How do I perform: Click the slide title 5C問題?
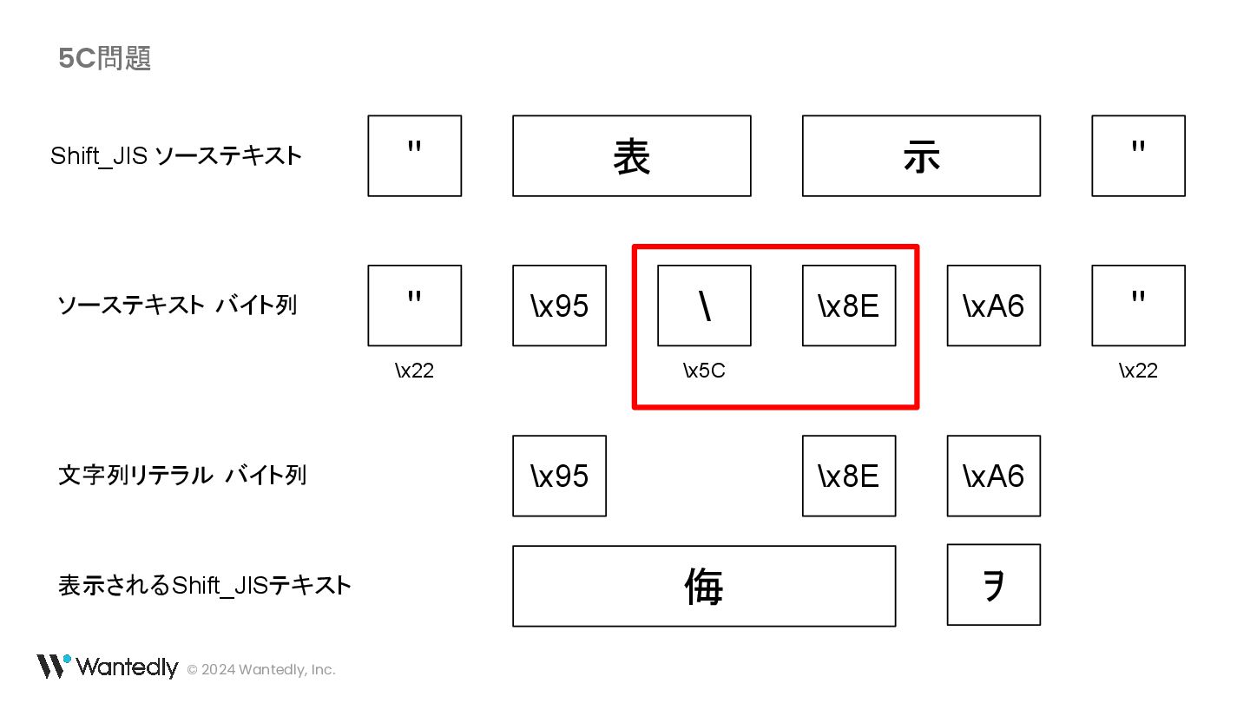105,58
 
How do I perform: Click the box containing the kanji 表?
631,156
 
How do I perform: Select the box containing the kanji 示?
921,156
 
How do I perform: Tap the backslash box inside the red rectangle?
704,306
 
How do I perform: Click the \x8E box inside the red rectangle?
848,306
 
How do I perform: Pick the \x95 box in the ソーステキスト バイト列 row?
559,306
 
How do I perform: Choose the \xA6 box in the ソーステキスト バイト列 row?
993,306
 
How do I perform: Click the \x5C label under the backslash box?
704,371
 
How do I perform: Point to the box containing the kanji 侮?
704,586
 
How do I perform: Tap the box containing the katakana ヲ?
993,584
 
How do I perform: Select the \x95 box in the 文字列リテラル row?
559,476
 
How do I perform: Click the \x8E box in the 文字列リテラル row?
848,476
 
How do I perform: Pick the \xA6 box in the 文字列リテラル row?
993,476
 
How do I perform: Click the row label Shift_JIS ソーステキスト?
176,156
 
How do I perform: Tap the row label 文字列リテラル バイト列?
182,476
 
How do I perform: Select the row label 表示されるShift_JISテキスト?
205,585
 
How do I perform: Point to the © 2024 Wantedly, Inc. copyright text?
261,669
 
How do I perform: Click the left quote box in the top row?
414,156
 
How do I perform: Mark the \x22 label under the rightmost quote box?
1138,371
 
